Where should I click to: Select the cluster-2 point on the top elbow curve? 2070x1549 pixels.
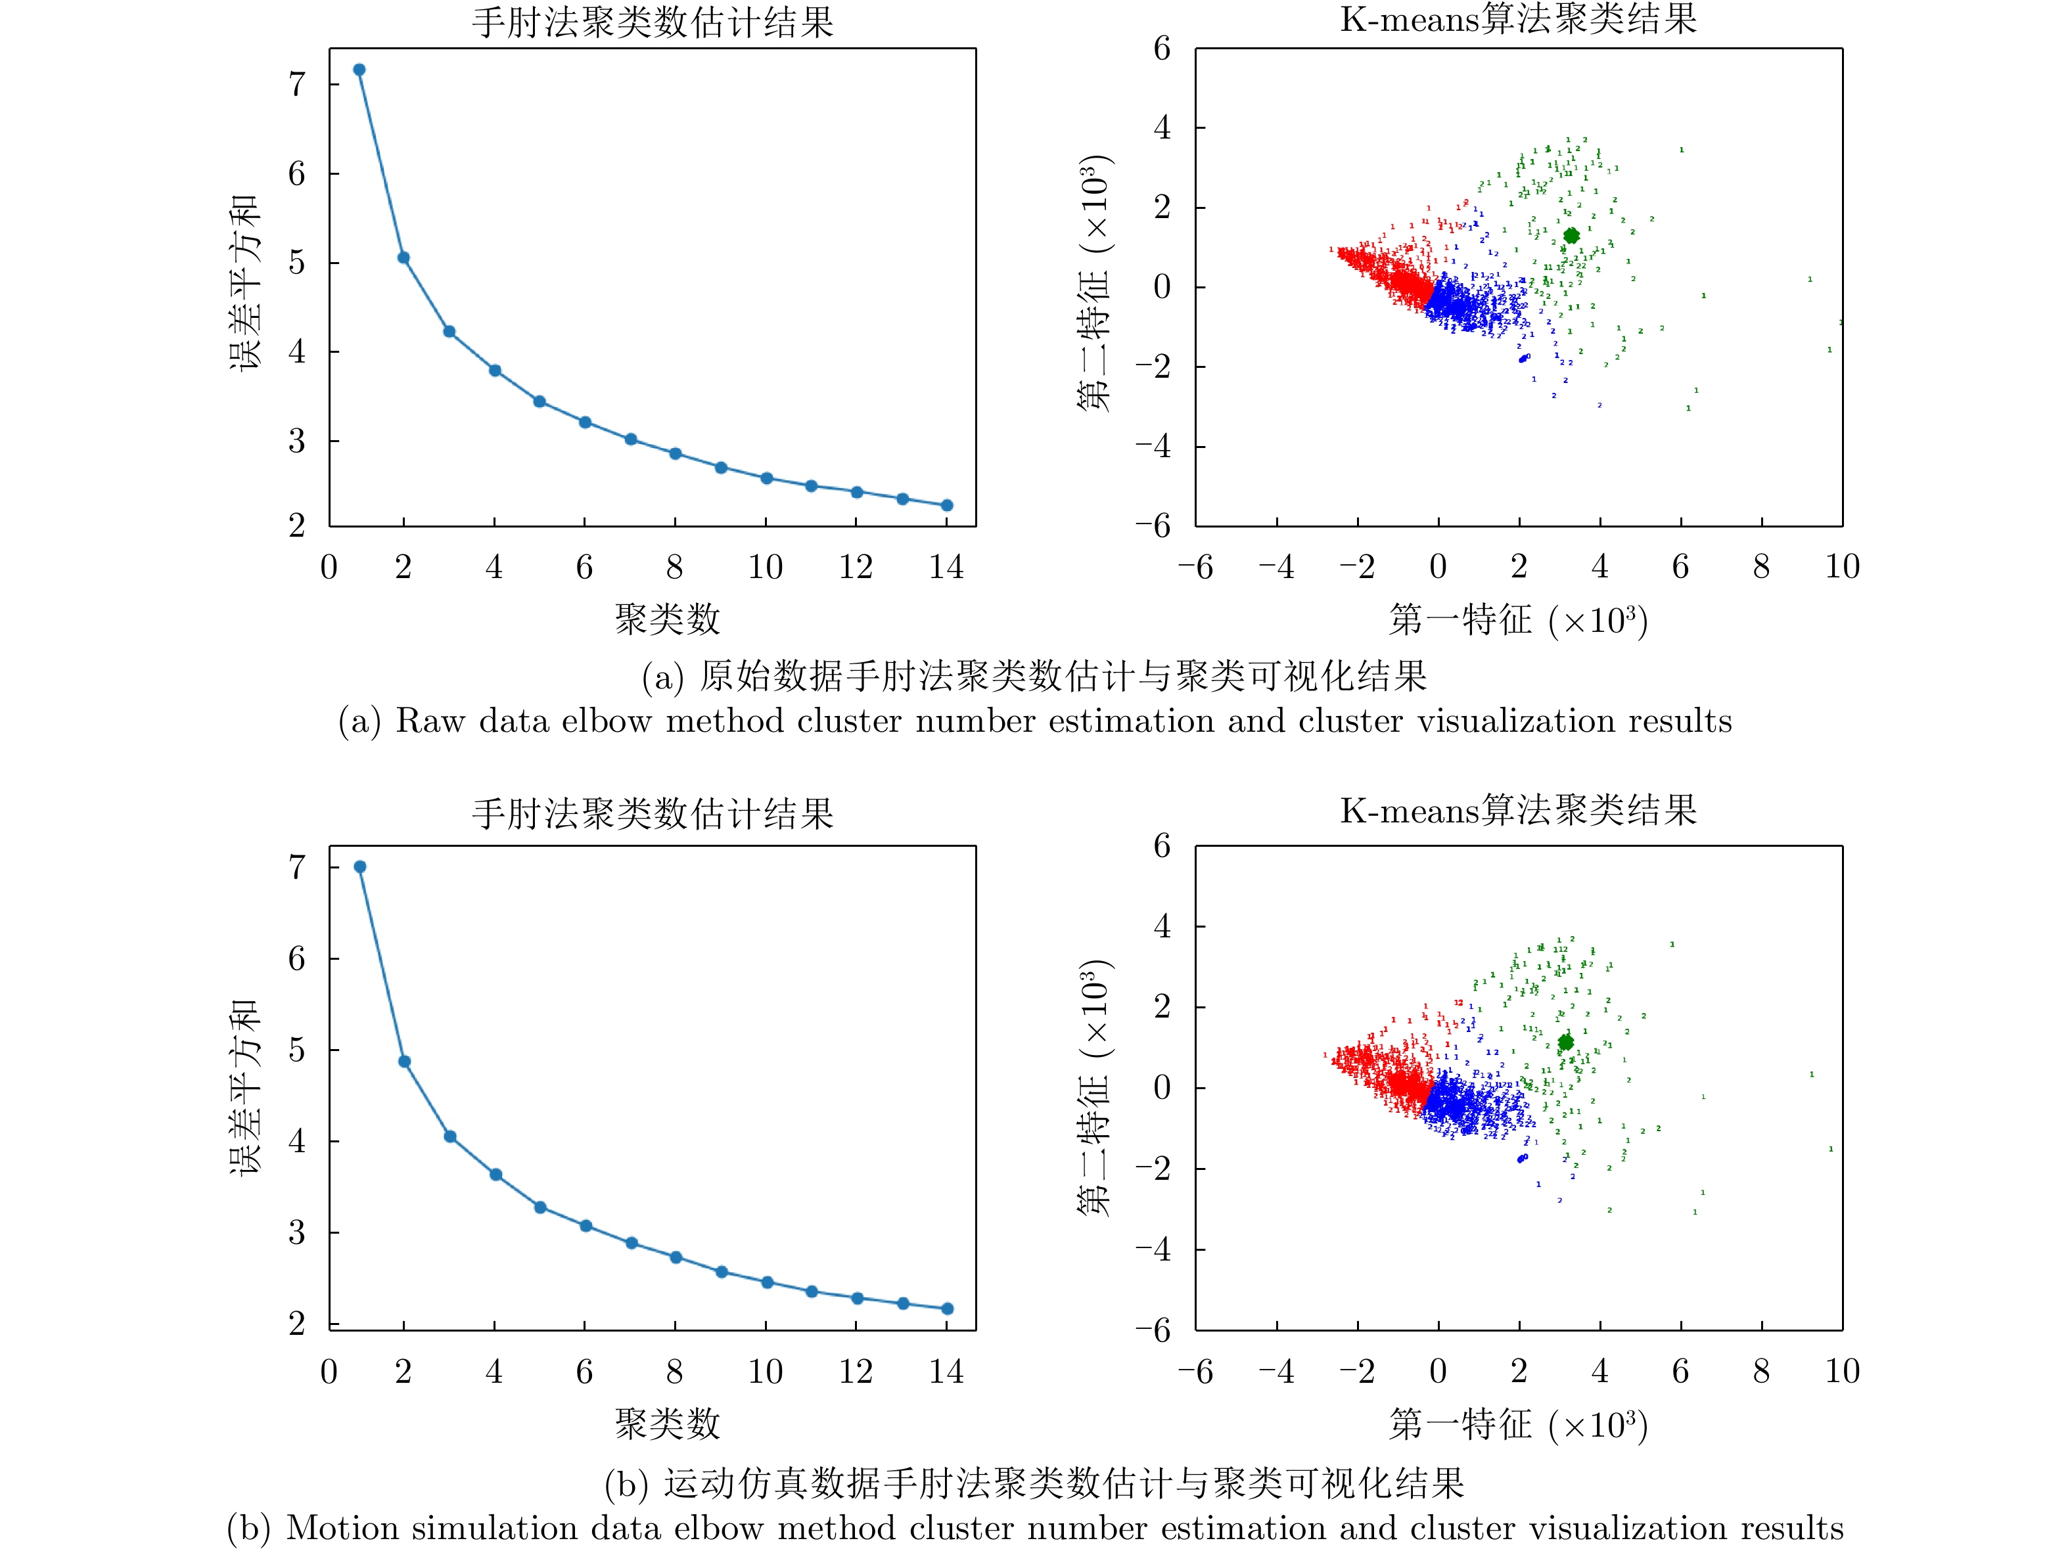pyautogui.click(x=404, y=258)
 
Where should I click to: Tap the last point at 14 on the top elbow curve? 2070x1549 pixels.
pyautogui.click(x=947, y=506)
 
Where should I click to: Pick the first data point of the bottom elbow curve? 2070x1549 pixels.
pyautogui.click(x=360, y=867)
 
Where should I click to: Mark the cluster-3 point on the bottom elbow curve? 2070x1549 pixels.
pyautogui.click(x=450, y=1137)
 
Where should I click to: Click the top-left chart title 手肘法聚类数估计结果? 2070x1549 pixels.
pyautogui.click(x=653, y=22)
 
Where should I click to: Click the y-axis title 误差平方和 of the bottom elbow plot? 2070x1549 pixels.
pyautogui.click(x=245, y=1088)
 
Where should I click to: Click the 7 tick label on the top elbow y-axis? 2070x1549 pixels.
pyautogui.click(x=298, y=84)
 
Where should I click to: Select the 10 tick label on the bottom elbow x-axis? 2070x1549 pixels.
pyautogui.click(x=766, y=1372)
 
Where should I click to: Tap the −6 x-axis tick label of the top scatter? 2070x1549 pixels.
pyautogui.click(x=1195, y=567)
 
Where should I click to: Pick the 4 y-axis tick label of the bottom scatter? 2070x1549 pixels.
pyautogui.click(x=1162, y=927)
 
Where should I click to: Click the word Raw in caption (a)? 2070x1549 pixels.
pyautogui.click(x=430, y=721)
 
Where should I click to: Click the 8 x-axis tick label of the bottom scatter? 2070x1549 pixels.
pyautogui.click(x=1761, y=1372)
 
